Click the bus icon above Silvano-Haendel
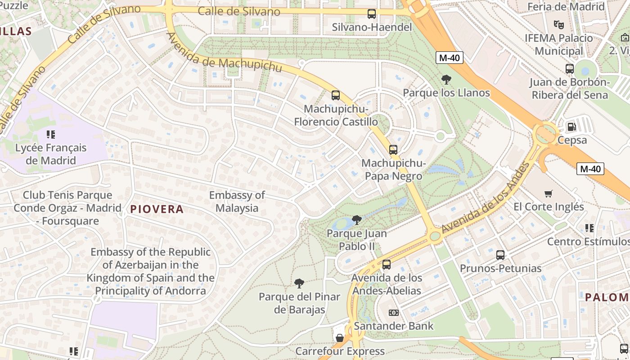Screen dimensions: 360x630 pyautogui.click(x=372, y=14)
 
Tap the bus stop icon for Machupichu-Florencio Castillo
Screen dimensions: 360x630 pyautogui.click(x=336, y=95)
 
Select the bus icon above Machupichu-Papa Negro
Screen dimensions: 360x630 pyautogui.click(x=393, y=150)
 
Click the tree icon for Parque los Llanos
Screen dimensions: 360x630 pyautogui.click(x=446, y=80)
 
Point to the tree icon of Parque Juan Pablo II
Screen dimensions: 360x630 pyautogui.click(x=357, y=220)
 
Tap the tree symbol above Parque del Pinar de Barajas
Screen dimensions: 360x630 pyautogui.click(x=299, y=283)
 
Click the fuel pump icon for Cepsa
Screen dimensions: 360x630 pyautogui.click(x=571, y=127)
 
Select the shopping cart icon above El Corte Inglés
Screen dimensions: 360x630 pyautogui.click(x=549, y=193)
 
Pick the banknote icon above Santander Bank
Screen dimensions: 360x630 pyautogui.click(x=394, y=313)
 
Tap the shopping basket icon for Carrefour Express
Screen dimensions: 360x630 pyautogui.click(x=340, y=337)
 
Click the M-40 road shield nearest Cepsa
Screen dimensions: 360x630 pyautogui.click(x=590, y=169)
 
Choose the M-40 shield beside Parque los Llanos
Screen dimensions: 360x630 pyautogui.click(x=449, y=57)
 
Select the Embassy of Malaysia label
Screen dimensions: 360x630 pyautogui.click(x=237, y=202)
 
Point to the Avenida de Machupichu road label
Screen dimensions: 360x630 pyautogui.click(x=224, y=53)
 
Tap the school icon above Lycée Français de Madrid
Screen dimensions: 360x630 pyautogui.click(x=51, y=134)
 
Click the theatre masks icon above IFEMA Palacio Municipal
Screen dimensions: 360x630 pyautogui.click(x=559, y=24)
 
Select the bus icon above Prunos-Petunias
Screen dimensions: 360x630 pyautogui.click(x=500, y=255)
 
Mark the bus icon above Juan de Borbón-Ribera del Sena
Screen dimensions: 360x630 pyautogui.click(x=570, y=69)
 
